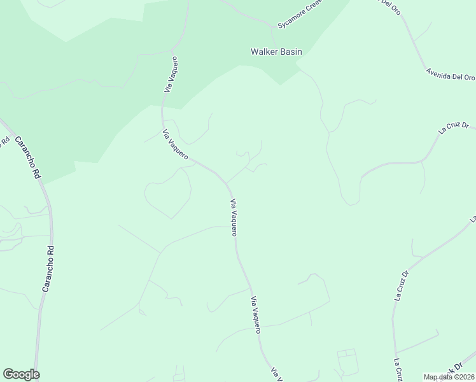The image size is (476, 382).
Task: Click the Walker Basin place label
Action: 276,52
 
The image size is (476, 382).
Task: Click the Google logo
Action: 21,374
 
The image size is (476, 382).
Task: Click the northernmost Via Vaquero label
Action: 171,74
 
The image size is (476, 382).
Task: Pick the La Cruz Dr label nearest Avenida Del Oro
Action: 453,127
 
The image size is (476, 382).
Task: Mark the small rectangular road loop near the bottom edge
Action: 347,362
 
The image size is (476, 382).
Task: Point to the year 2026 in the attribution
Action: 466,377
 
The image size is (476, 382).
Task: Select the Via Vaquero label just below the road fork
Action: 234,217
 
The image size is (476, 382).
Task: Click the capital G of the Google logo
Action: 9,374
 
